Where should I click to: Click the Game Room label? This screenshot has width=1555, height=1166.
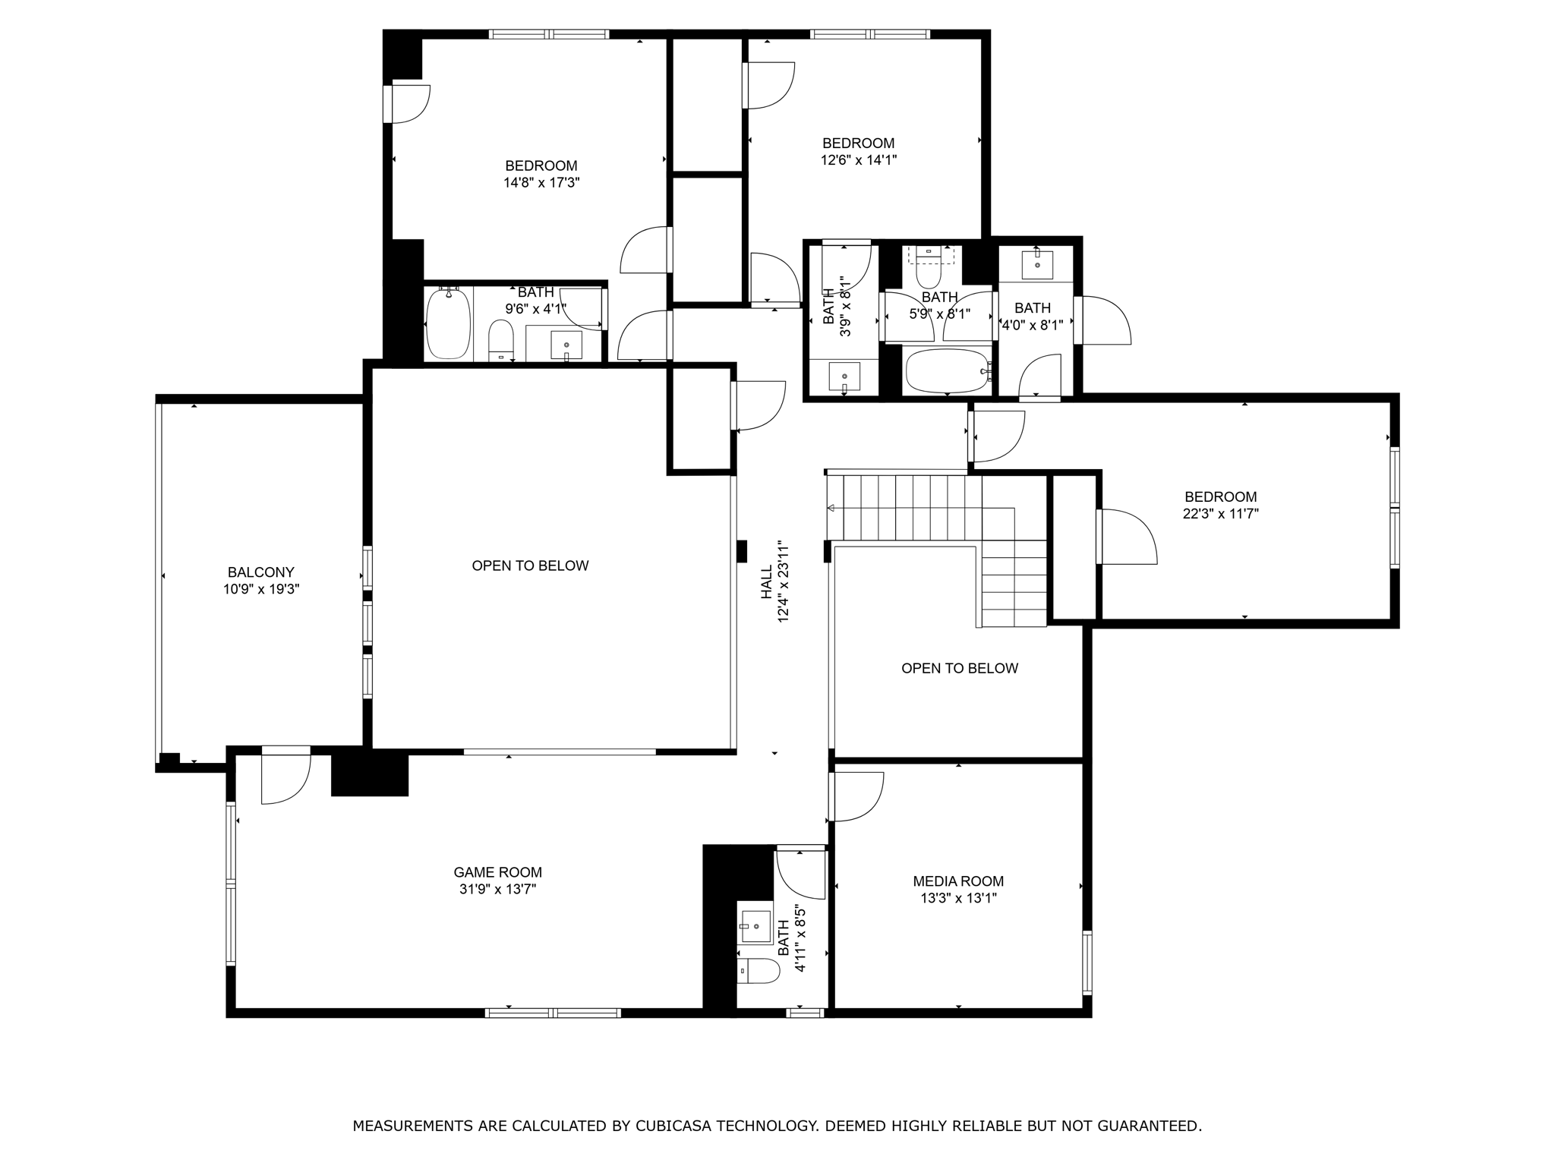pyautogui.click(x=498, y=873)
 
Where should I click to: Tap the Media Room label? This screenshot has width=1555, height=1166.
pyautogui.click(x=958, y=881)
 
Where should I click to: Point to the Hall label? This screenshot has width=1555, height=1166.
pyautogui.click(x=767, y=581)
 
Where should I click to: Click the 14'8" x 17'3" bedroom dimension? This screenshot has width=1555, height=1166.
pyautogui.click(x=541, y=182)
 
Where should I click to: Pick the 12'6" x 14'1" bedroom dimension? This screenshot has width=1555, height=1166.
pyautogui.click(x=859, y=159)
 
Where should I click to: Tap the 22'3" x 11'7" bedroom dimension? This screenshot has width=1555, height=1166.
pyautogui.click(x=1221, y=513)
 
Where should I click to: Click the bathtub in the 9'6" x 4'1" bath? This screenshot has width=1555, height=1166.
pyautogui.click(x=448, y=324)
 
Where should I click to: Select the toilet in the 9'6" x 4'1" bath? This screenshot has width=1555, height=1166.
pyautogui.click(x=500, y=340)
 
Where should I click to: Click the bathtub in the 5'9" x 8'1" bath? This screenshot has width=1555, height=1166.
pyautogui.click(x=948, y=370)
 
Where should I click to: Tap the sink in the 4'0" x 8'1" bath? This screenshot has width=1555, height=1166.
pyautogui.click(x=1037, y=264)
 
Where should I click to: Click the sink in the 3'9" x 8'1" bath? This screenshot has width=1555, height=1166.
pyautogui.click(x=844, y=377)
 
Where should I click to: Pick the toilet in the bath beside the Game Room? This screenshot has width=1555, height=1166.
pyautogui.click(x=759, y=970)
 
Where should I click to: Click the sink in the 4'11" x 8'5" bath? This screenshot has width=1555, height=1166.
pyautogui.click(x=756, y=926)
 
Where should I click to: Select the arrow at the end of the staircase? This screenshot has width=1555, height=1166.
pyautogui.click(x=831, y=508)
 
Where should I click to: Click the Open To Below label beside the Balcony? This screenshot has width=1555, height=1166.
pyautogui.click(x=530, y=566)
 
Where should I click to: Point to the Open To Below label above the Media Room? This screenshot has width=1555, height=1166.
pyautogui.click(x=960, y=668)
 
